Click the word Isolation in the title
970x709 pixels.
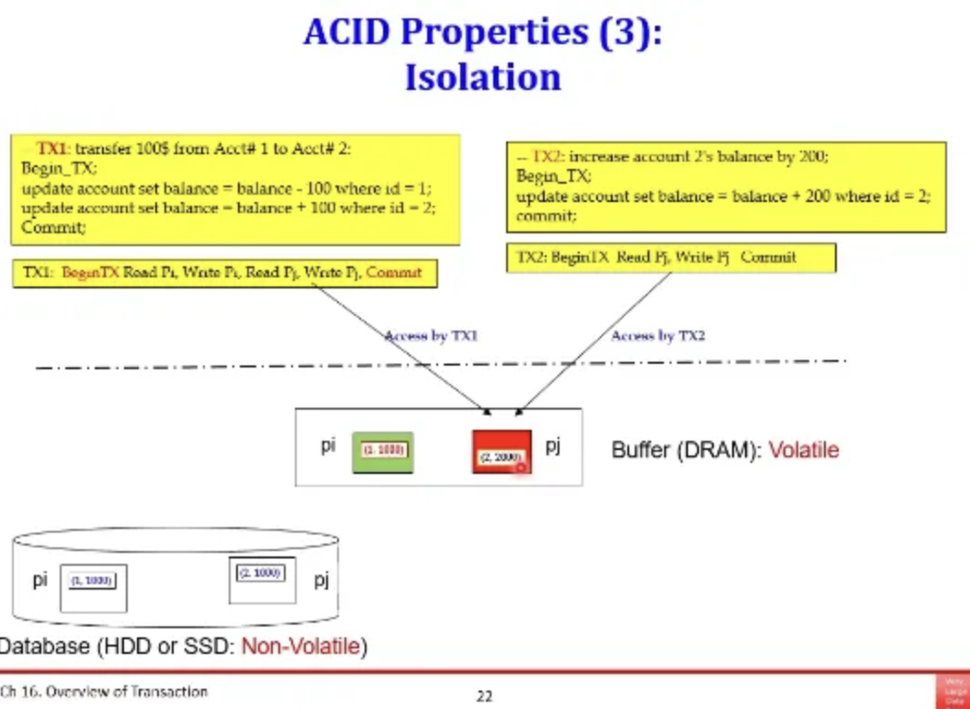point(483,76)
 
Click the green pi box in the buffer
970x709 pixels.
point(383,451)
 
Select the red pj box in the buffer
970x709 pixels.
point(502,451)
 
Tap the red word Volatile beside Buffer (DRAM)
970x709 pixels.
point(804,450)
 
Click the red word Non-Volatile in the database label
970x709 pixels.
point(300,647)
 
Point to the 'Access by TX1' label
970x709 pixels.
point(431,336)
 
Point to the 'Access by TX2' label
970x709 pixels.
point(658,336)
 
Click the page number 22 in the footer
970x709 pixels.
point(484,696)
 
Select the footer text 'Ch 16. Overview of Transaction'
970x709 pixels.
point(104,692)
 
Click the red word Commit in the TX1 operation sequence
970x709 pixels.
point(394,272)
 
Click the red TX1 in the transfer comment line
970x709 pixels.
point(52,148)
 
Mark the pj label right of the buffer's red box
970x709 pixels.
point(553,445)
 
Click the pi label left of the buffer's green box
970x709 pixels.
point(328,445)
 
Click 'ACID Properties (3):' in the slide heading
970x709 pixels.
point(483,32)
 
